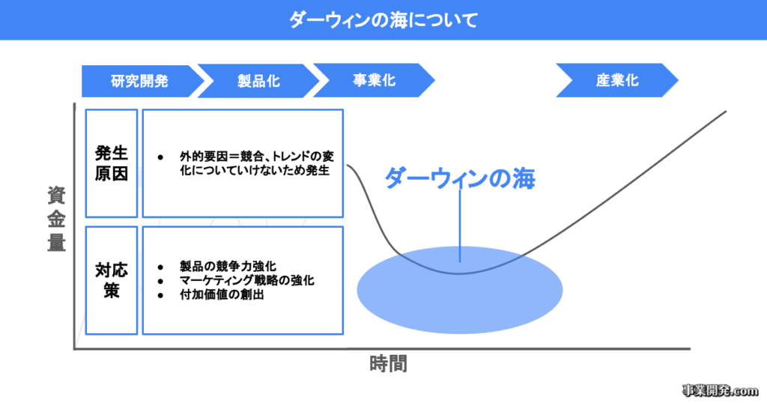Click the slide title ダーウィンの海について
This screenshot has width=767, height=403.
(383, 19)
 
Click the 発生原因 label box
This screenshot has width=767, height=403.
(112, 163)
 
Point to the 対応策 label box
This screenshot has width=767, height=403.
(112, 279)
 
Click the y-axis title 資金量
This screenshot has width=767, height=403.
(56, 219)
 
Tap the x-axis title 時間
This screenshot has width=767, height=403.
(389, 366)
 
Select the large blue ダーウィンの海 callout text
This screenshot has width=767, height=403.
(461, 179)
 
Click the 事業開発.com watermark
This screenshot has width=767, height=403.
(721, 390)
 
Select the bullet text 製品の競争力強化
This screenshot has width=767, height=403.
(228, 267)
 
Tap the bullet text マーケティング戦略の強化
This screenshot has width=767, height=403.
(246, 281)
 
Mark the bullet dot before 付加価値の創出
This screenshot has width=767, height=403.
(160, 295)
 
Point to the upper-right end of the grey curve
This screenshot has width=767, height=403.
(725, 112)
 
